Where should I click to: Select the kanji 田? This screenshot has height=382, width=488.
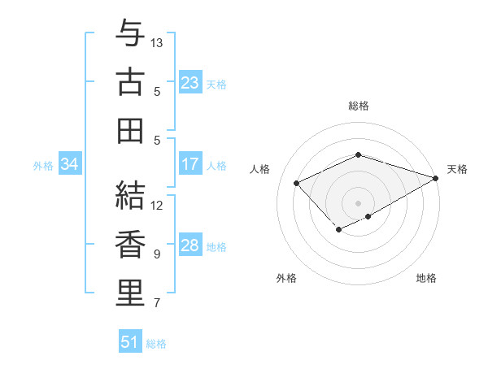click(x=130, y=130)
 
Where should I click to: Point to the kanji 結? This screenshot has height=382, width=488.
click(x=130, y=195)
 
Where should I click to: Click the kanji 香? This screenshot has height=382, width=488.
click(x=130, y=244)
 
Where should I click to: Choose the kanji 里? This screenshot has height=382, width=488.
click(x=130, y=293)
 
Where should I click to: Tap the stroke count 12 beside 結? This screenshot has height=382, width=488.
click(x=158, y=205)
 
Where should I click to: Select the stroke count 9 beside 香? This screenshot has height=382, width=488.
click(x=157, y=254)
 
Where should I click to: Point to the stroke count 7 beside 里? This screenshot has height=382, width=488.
click(x=157, y=303)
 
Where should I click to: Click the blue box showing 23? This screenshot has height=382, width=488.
click(x=190, y=83)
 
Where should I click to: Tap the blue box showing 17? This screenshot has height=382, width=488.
click(x=190, y=164)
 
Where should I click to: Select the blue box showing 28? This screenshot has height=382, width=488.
click(x=190, y=245)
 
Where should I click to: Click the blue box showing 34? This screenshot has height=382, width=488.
click(x=69, y=164)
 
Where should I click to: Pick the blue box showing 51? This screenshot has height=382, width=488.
click(x=129, y=342)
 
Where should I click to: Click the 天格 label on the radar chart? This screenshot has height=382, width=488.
click(x=457, y=169)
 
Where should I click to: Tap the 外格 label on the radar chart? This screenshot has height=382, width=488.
click(x=286, y=278)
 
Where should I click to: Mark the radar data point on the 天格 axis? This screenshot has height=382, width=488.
click(x=436, y=176)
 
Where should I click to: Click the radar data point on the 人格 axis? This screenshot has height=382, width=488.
click(x=297, y=183)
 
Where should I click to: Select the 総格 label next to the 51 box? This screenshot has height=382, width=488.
click(x=156, y=344)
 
